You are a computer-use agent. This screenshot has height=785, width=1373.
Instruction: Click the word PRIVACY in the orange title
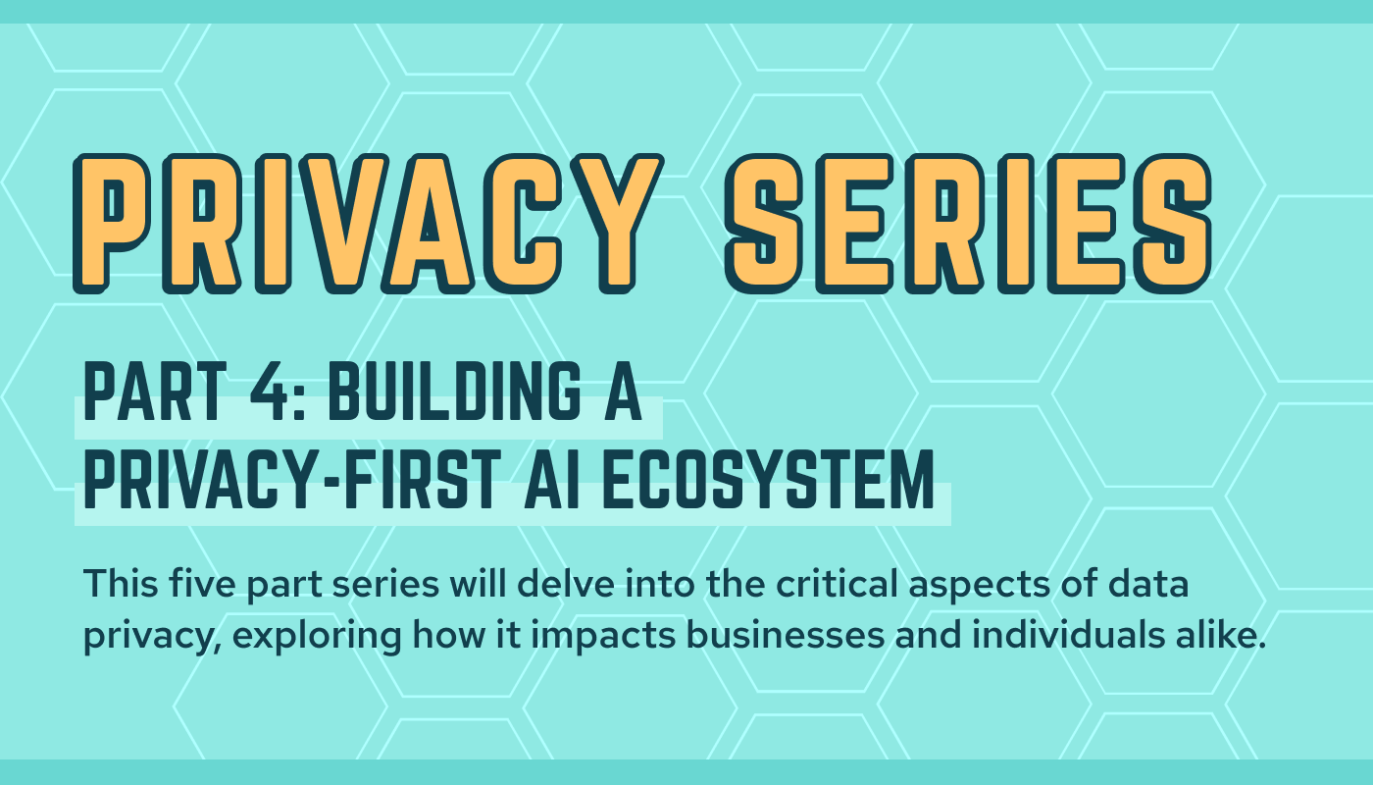(368, 224)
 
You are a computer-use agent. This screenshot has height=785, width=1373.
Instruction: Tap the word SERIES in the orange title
(969, 224)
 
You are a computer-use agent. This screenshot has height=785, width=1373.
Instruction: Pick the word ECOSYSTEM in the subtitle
(769, 479)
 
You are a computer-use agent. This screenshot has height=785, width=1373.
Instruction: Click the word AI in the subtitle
(551, 479)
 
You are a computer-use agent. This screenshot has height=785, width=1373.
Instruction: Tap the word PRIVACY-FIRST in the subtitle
(292, 479)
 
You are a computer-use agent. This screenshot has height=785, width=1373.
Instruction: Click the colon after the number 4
(299, 399)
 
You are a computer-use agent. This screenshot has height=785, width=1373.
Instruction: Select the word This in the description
(121, 583)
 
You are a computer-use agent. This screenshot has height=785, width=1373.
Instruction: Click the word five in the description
(202, 583)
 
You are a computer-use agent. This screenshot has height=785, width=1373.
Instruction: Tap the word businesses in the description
(785, 635)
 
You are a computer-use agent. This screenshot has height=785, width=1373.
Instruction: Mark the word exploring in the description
(317, 637)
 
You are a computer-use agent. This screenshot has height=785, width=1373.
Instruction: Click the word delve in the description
(566, 583)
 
